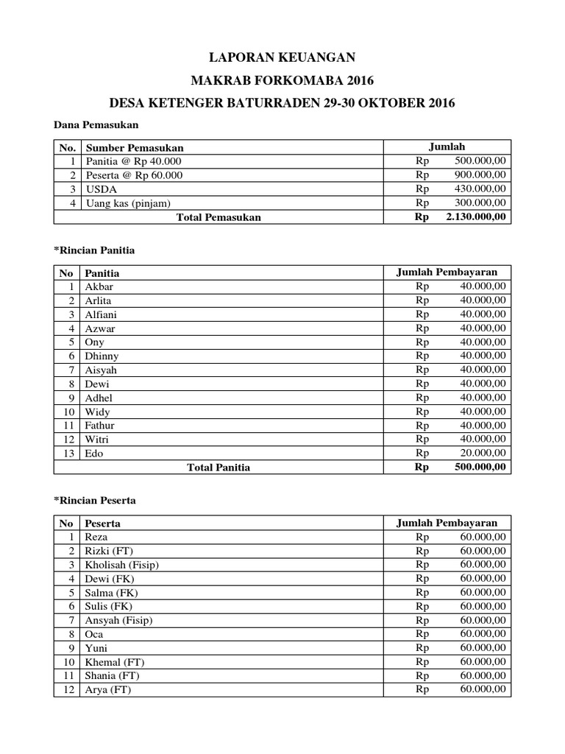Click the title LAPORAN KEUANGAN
click(282, 57)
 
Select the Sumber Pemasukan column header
click(134, 147)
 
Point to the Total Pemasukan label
click(218, 217)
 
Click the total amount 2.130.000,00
click(475, 217)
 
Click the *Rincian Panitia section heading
click(94, 250)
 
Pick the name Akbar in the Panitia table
click(99, 286)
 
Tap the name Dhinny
click(102, 356)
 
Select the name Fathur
click(100, 426)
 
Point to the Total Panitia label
click(218, 468)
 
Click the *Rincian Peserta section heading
click(95, 501)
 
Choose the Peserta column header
click(103, 523)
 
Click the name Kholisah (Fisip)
click(122, 565)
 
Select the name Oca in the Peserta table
click(94, 634)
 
